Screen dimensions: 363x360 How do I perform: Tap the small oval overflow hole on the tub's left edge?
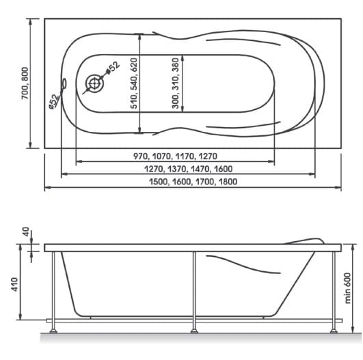pos(64,83)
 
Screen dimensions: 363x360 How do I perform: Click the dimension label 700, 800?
pos(25,83)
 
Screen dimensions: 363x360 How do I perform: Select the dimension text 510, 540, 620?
pos(134,83)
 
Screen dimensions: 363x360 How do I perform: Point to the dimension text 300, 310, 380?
pos(176,83)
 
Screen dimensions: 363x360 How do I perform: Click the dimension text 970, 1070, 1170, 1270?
pos(175,156)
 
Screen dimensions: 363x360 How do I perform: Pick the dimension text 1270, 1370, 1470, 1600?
pos(188,169)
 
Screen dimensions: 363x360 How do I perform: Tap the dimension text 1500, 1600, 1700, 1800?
pos(193,182)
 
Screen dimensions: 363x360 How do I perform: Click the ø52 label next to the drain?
pos(113,67)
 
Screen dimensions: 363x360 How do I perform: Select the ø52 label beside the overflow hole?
pos(54,101)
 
